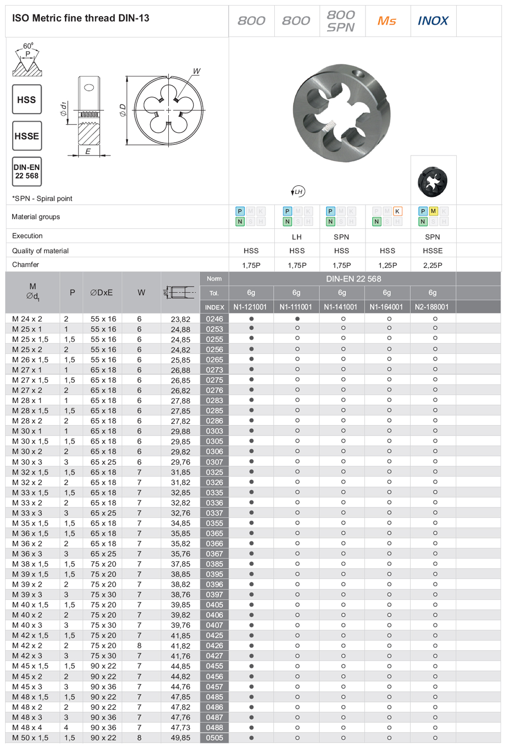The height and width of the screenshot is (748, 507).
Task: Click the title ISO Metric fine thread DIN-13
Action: pyautogui.click(x=81, y=18)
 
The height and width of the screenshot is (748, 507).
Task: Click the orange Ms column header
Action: pyautogui.click(x=387, y=21)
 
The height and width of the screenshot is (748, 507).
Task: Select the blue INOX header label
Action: pyautogui.click(x=433, y=21)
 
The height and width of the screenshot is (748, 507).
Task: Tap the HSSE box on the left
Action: pyautogui.click(x=27, y=136)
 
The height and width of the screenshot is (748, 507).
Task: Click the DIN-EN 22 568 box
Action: pyautogui.click(x=27, y=172)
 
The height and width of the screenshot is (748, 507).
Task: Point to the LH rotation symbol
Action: pyautogui.click(x=298, y=191)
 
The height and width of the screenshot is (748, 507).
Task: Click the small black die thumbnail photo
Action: pyautogui.click(x=433, y=181)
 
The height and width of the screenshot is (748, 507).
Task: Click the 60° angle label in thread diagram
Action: pyautogui.click(x=28, y=46)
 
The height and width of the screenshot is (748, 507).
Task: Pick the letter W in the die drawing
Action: pyautogui.click(x=196, y=71)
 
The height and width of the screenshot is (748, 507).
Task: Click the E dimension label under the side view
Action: pyautogui.click(x=88, y=151)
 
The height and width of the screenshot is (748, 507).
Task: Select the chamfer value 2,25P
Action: pyautogui.click(x=432, y=265)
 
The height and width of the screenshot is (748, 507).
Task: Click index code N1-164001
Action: pyautogui.click(x=386, y=307)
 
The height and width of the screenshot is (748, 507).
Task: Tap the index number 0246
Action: pyautogui.click(x=214, y=319)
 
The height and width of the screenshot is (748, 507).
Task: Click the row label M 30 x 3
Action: pyautogui.click(x=27, y=462)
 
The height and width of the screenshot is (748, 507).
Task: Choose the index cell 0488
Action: pyautogui.click(x=214, y=727)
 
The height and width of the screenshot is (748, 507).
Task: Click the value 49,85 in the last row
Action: pyautogui.click(x=180, y=738)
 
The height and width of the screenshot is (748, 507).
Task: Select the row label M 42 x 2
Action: pyautogui.click(x=27, y=646)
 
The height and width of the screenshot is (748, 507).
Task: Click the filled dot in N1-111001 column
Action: pyautogui.click(x=298, y=319)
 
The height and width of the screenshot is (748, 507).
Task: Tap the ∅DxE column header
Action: pyautogui.click(x=101, y=293)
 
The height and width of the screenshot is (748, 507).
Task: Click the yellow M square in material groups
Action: pyautogui.click(x=433, y=211)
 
